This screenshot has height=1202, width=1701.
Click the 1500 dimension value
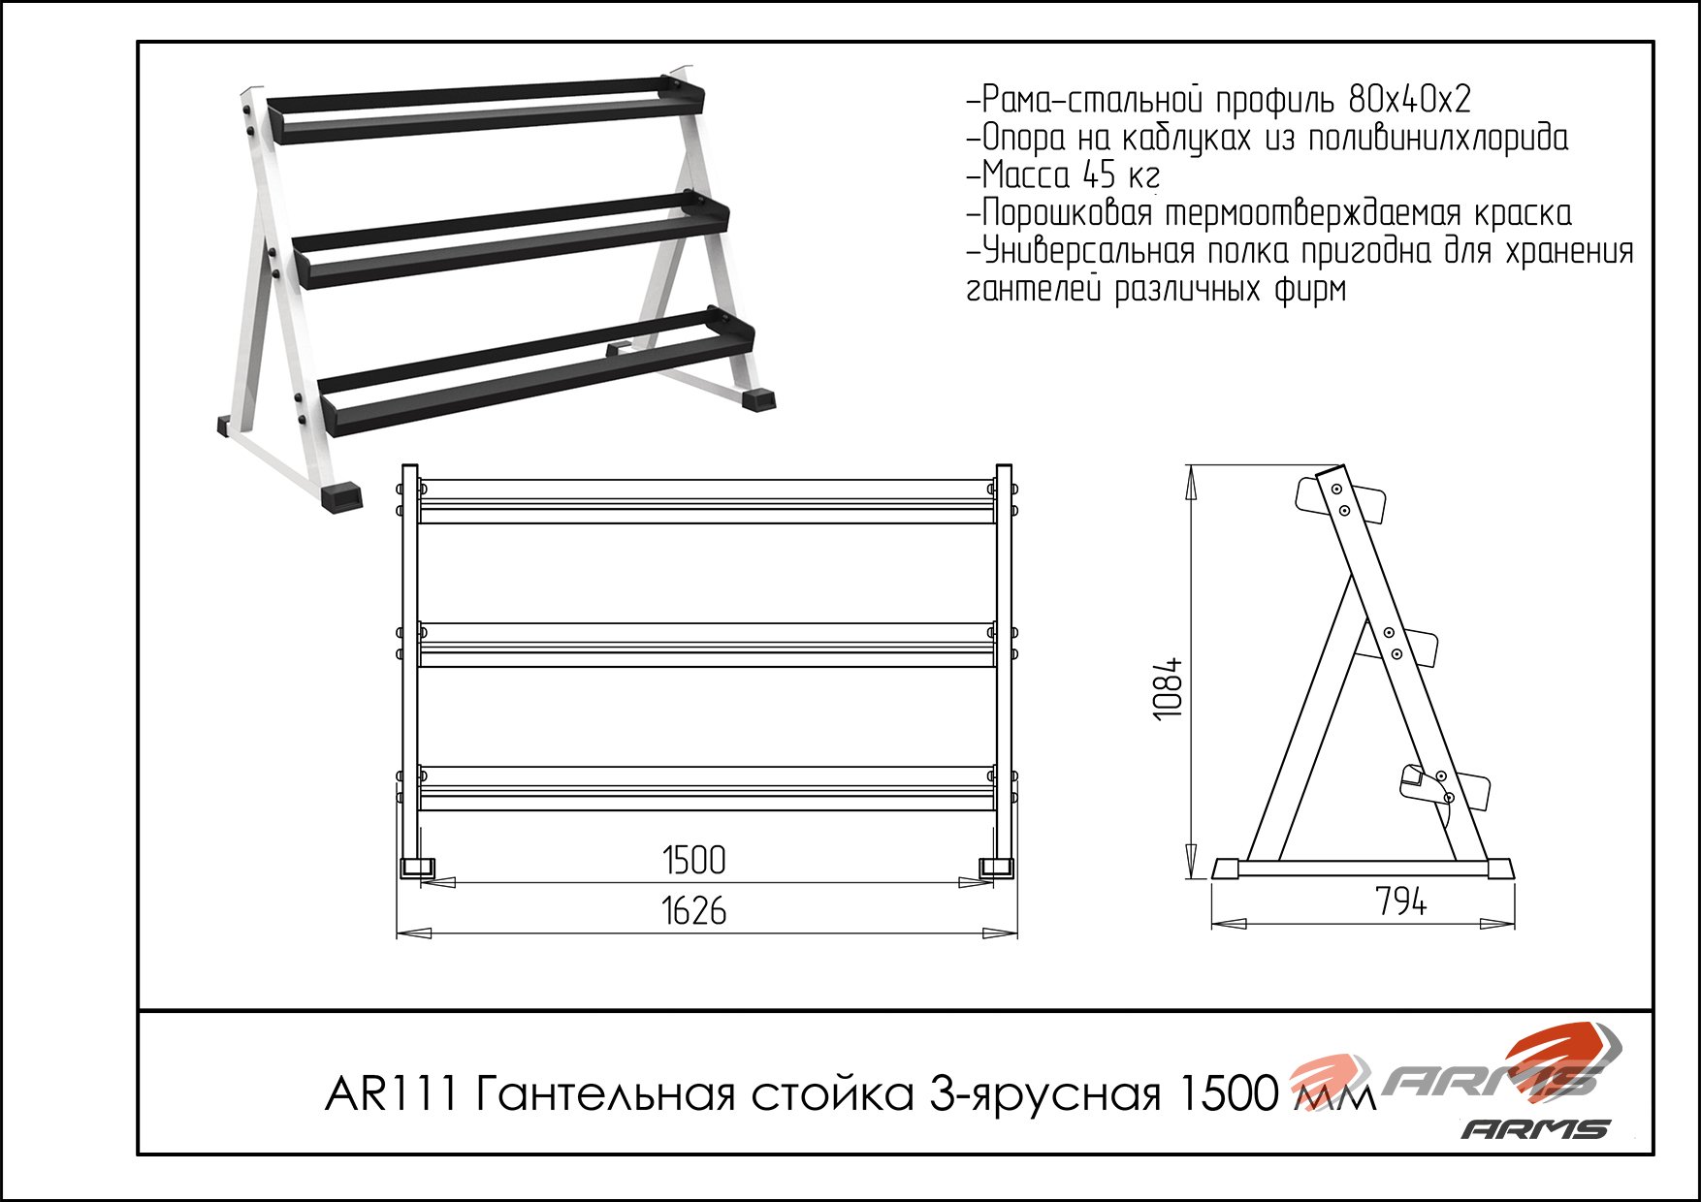pyautogui.click(x=694, y=860)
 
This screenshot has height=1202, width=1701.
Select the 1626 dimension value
pyautogui.click(x=694, y=911)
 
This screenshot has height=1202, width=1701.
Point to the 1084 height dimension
pyautogui.click(x=1169, y=688)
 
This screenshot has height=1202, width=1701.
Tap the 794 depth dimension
pyautogui.click(x=1401, y=902)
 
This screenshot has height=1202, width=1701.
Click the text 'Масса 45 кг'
pyautogui.click(x=1071, y=175)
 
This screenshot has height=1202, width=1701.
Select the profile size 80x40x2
pyautogui.click(x=1410, y=99)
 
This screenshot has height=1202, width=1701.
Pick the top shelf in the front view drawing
pyautogui.click(x=708, y=501)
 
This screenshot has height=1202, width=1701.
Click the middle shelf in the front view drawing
pyautogui.click(x=708, y=645)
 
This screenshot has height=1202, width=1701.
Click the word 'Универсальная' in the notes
pyautogui.click(x=1088, y=252)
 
